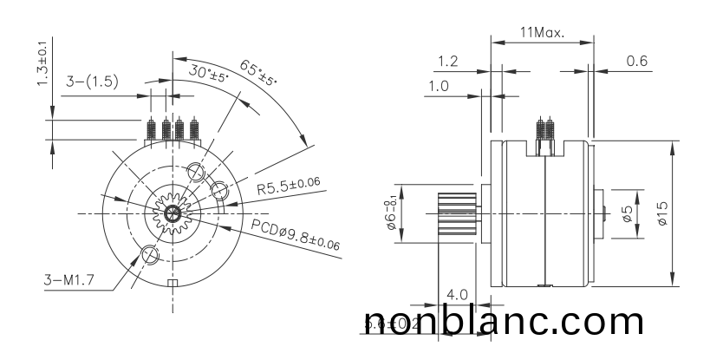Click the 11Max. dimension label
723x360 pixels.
pyautogui.click(x=542, y=32)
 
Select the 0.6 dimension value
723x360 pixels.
pyautogui.click(x=637, y=61)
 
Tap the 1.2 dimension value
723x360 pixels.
pyautogui.click(x=448, y=61)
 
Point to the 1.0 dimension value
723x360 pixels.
pyautogui.click(x=439, y=86)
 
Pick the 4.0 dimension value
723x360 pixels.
pyautogui.click(x=457, y=294)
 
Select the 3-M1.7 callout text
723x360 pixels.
pyautogui.click(x=70, y=279)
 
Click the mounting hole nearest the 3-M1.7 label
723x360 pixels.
pyautogui.click(x=148, y=254)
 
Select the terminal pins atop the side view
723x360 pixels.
pyautogui.click(x=545, y=131)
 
